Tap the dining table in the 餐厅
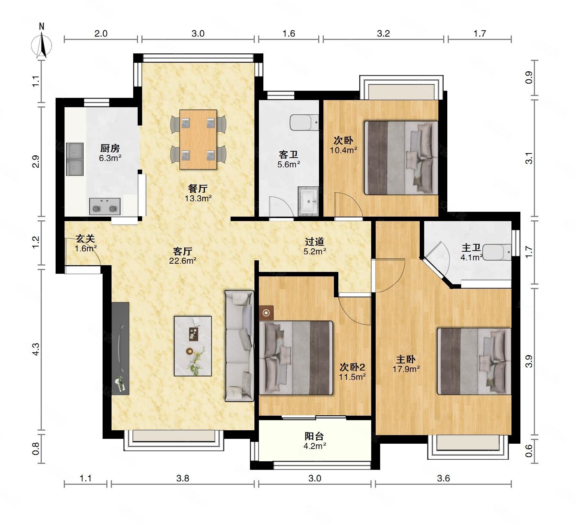click(198, 139)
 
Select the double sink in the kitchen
click(75, 159)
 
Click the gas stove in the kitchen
click(105, 206)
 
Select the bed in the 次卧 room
click(401, 158)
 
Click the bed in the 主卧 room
click(474, 361)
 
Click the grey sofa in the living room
click(240, 345)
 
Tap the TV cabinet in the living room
click(120, 348)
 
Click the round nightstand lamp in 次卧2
click(266, 313)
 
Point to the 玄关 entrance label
click(85, 238)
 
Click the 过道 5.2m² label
click(315, 246)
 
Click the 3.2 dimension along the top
click(383, 34)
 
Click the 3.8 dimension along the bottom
click(183, 478)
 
